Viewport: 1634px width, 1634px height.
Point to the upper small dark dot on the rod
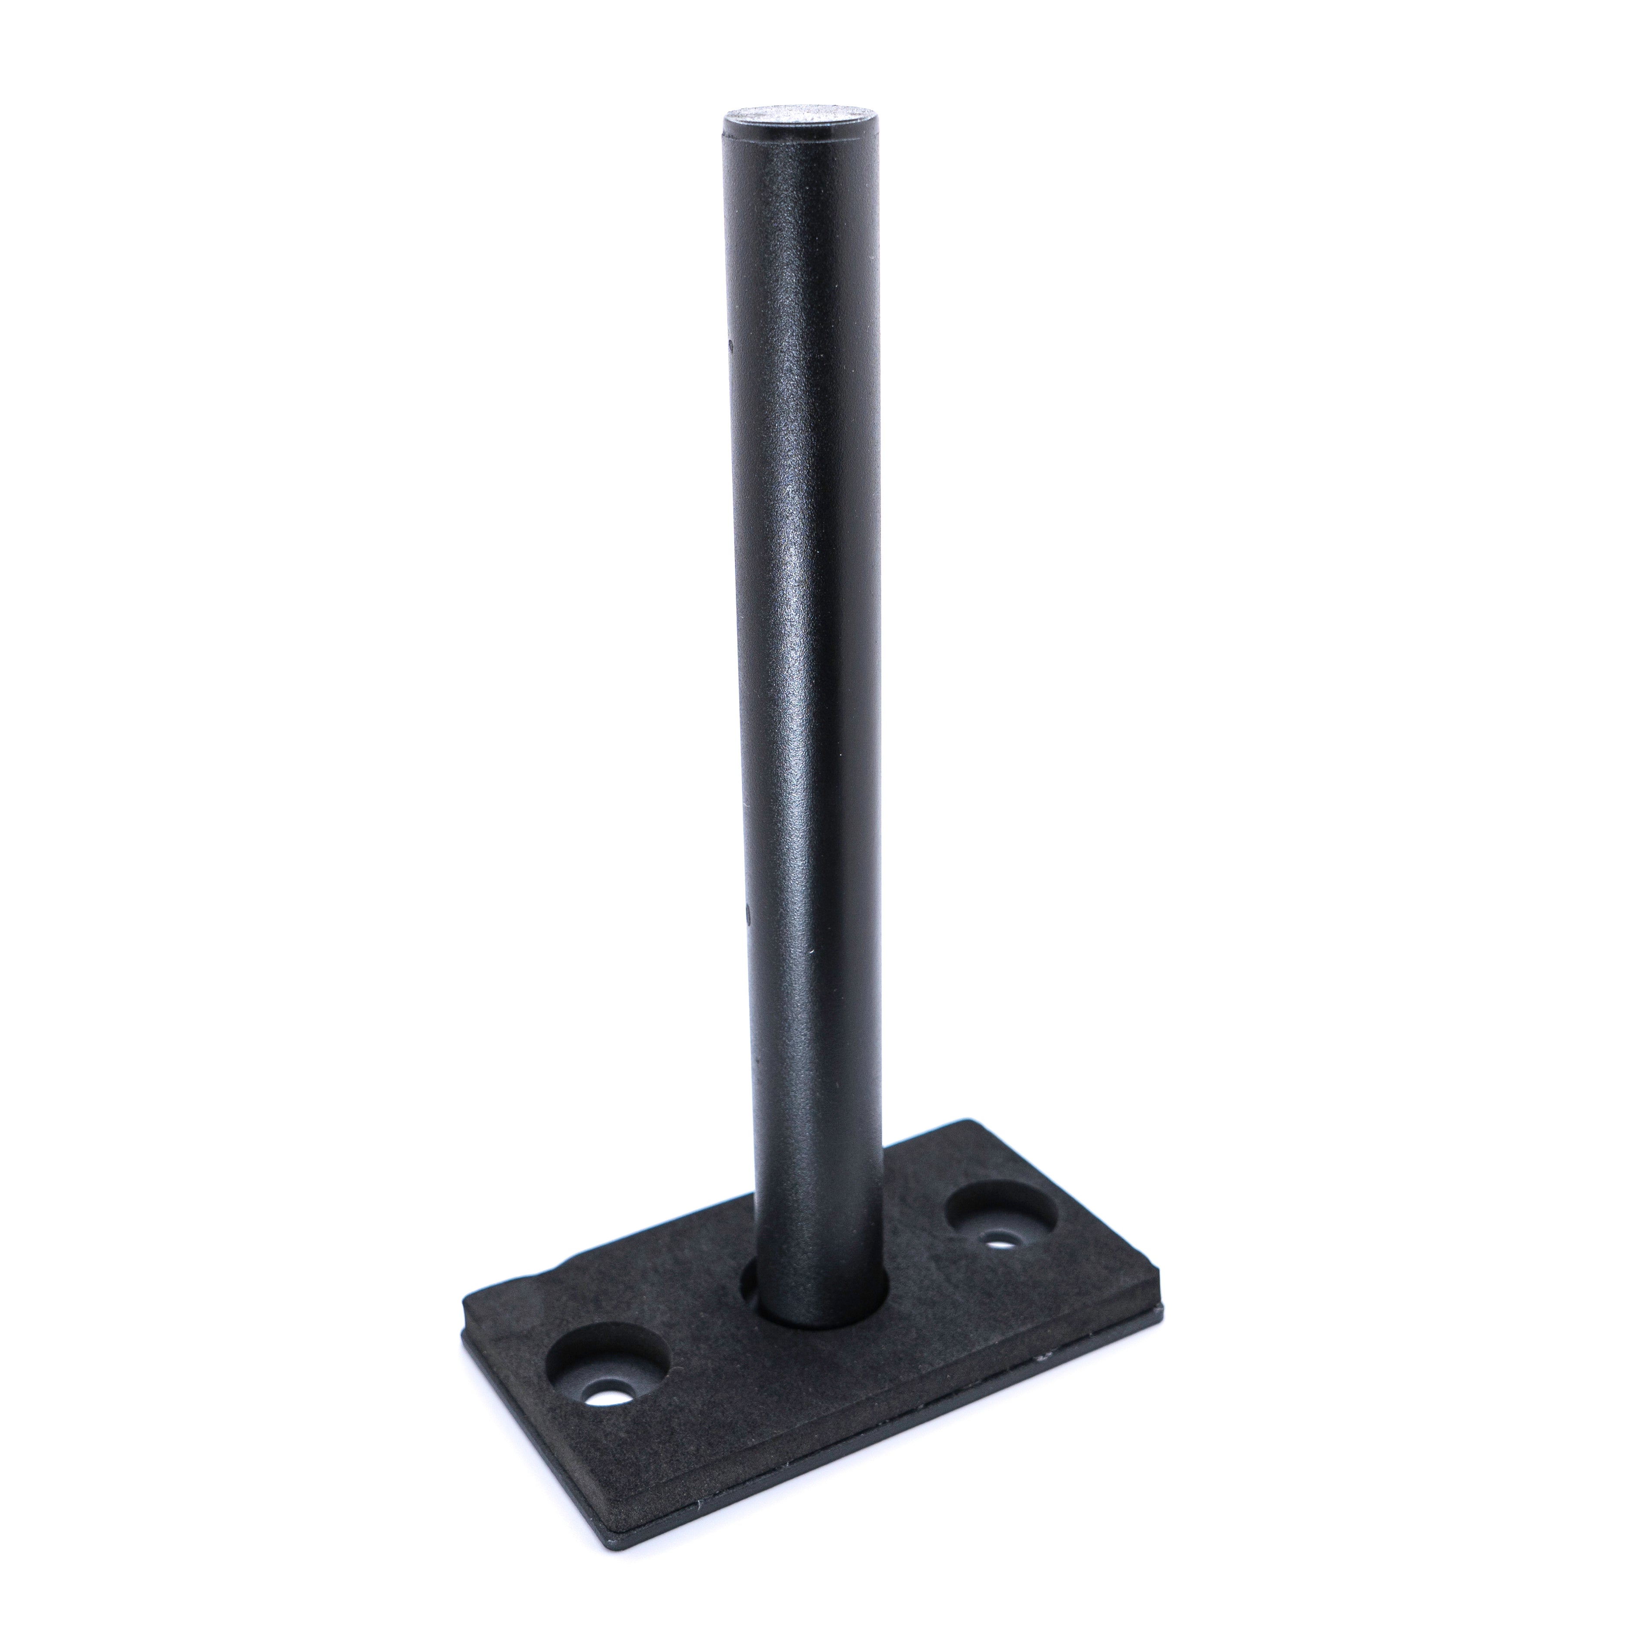(x=729, y=344)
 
